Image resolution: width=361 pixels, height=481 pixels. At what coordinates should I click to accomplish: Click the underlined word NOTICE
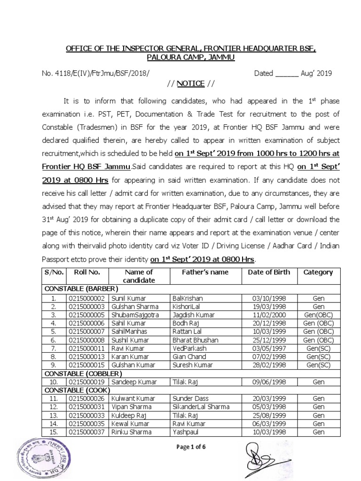click(x=190, y=84)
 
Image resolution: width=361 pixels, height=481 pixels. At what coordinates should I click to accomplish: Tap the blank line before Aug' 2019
click(x=286, y=74)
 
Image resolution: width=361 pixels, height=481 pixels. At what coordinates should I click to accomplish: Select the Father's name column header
click(x=205, y=272)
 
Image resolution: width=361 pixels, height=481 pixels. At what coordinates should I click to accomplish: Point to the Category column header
click(x=318, y=272)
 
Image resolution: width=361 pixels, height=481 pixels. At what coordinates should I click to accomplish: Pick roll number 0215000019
click(x=87, y=382)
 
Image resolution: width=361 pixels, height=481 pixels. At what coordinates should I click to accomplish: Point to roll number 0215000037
click(x=87, y=432)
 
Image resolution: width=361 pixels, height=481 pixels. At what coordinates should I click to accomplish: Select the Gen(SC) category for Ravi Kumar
click(x=318, y=348)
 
